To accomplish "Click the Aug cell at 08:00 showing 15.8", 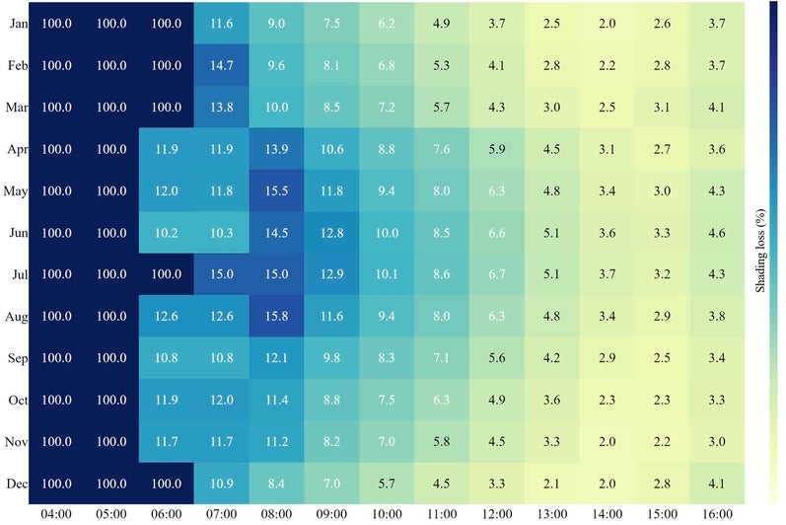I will pyautogui.click(x=277, y=317).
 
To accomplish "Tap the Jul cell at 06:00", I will pyautogui.click(x=167, y=275).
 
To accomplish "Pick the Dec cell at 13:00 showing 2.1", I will pyautogui.click(x=552, y=484).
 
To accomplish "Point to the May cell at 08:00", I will pyautogui.click(x=277, y=191).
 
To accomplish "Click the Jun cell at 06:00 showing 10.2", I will pyautogui.click(x=167, y=233).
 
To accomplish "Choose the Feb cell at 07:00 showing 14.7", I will pyautogui.click(x=222, y=66).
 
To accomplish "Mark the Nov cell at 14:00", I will pyautogui.click(x=607, y=442).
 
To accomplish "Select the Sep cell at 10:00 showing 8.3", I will pyautogui.click(x=388, y=358).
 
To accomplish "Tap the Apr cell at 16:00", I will pyautogui.click(x=717, y=150).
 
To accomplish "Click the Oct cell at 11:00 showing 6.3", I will pyautogui.click(x=442, y=401).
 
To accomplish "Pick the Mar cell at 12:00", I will pyautogui.click(x=497, y=108).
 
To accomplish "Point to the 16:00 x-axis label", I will pyautogui.click(x=717, y=514).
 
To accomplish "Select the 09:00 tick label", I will pyautogui.click(x=332, y=514).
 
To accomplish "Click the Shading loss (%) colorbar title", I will pyautogui.click(x=761, y=252).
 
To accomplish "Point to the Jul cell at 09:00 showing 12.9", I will pyautogui.click(x=332, y=275).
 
